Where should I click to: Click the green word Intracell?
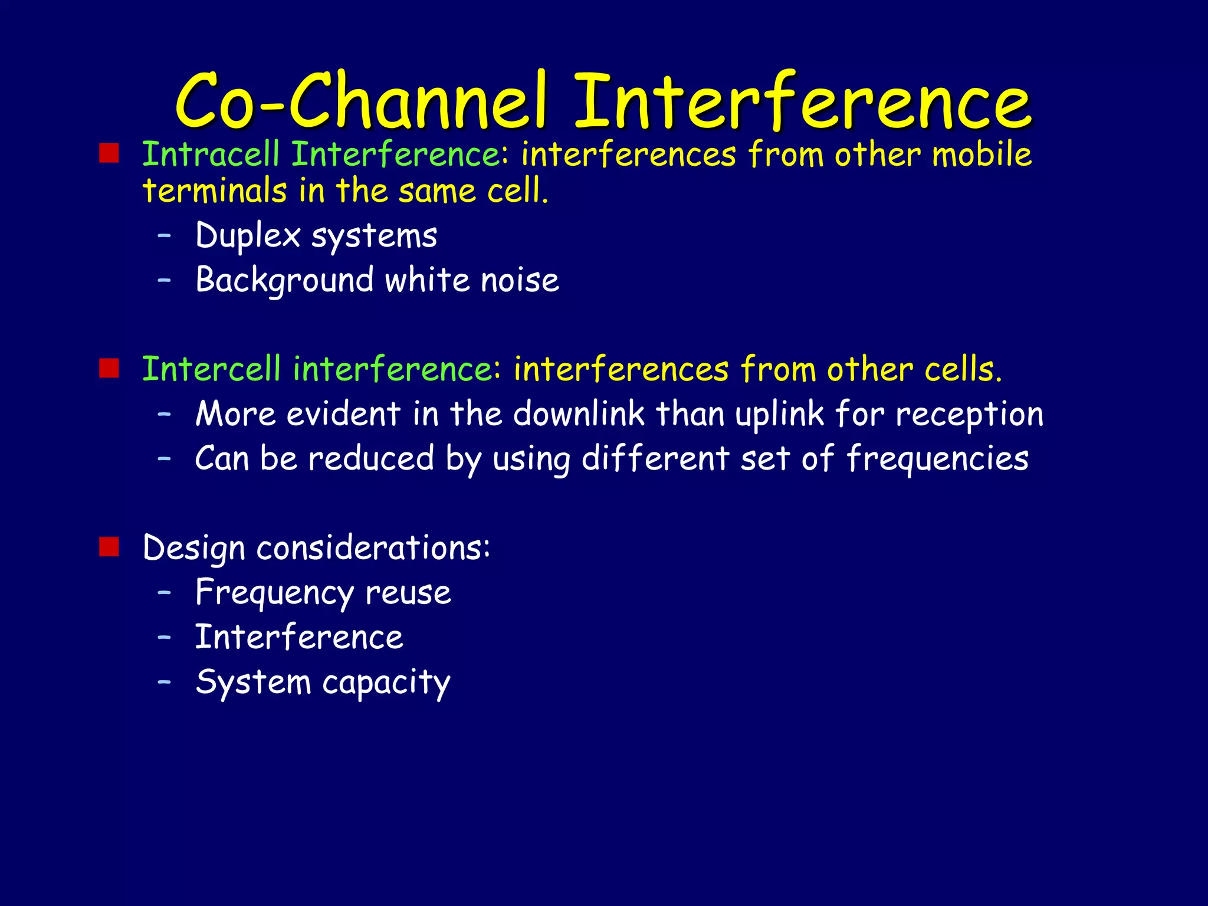pyautogui.click(x=211, y=155)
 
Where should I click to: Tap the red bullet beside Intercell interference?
pyautogui.click(x=109, y=368)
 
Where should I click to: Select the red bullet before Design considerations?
pyautogui.click(x=109, y=547)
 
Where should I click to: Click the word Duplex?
pyautogui.click(x=248, y=236)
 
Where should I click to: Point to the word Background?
pyautogui.click(x=284, y=281)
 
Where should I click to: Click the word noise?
pyautogui.click(x=520, y=280)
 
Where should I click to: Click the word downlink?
pyautogui.click(x=579, y=413)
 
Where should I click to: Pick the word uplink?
pyautogui.click(x=779, y=415)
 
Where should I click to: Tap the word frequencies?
pyautogui.click(x=937, y=459)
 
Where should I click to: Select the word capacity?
pyautogui.click(x=386, y=683)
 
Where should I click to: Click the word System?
pyautogui.click(x=253, y=682)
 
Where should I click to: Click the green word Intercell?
pyautogui.click(x=211, y=369)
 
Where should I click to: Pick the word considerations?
pyautogui.click(x=373, y=548)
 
